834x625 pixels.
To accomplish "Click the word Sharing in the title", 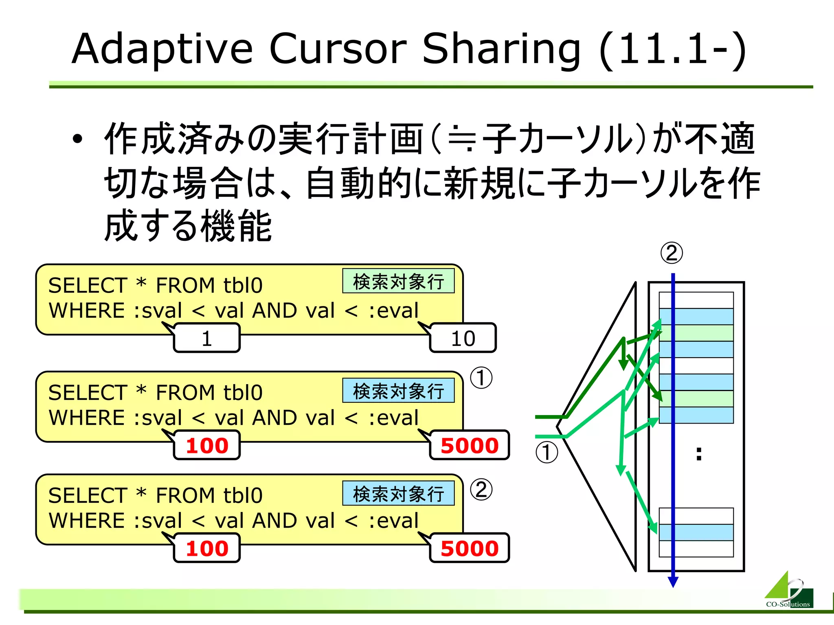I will (x=501, y=50).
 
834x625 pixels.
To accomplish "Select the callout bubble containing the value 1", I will (x=207, y=338).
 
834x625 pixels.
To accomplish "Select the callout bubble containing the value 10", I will (x=463, y=338).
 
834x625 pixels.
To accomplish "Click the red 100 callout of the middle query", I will (x=207, y=445).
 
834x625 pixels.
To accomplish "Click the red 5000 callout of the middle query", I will (x=470, y=445).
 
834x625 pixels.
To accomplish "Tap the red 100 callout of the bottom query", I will (x=207, y=548).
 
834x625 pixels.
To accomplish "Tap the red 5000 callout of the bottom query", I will (x=470, y=548).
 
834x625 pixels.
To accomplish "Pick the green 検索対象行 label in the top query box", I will (x=398, y=281).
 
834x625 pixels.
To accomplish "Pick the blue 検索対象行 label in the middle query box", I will (x=398, y=391).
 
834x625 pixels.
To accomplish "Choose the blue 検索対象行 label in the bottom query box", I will (x=398, y=494).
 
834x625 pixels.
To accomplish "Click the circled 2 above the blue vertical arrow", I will (x=672, y=253).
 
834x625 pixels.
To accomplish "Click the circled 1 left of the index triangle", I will (x=546, y=452).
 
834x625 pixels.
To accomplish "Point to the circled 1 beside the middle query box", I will (x=481, y=378).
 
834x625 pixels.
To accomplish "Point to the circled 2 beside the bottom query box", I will (x=481, y=489).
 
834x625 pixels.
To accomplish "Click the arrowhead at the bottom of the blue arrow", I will (x=673, y=582).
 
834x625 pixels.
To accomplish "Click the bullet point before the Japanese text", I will (x=77, y=139).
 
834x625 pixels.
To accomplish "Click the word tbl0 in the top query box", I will (x=243, y=286).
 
